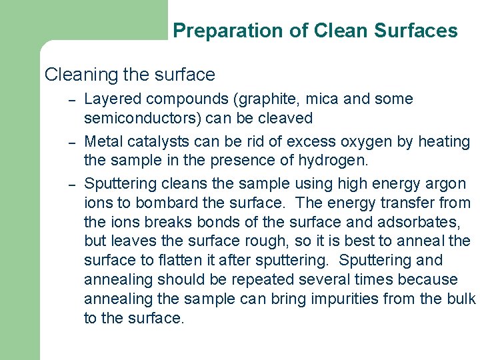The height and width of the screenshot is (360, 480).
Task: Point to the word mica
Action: (x=325, y=99)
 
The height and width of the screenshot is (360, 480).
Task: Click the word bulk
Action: (x=461, y=299)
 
